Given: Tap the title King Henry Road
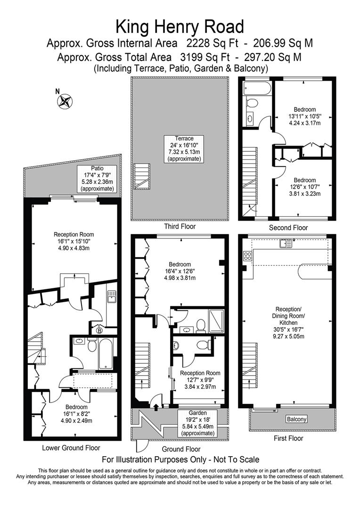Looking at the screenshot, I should coord(180,26).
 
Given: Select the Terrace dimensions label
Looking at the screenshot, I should coord(185,148).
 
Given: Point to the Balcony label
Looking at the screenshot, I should coord(296,419).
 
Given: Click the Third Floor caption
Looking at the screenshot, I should coord(180,227).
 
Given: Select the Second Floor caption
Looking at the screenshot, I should coord(288,228).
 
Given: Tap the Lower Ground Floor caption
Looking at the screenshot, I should coord(70,448).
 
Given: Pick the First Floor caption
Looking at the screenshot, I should coord(288,438).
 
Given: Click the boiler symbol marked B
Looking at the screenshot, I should coord(99,330).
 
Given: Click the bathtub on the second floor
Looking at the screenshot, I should coord(257,88).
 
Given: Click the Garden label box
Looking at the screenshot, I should coord(197,422).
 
